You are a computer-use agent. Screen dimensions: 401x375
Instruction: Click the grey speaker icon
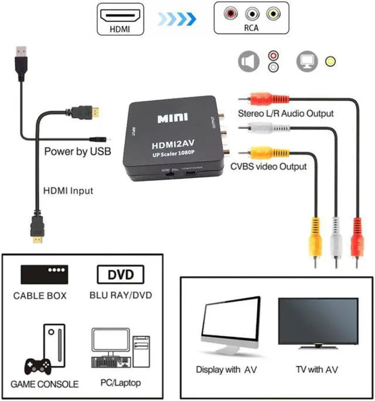pyautogui.click(x=249, y=60)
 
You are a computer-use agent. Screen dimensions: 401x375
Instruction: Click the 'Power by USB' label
pyautogui.click(x=77, y=152)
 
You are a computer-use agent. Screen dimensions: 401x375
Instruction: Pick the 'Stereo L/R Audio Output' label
pyautogui.click(x=285, y=113)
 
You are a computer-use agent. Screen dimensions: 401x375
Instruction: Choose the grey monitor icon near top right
pyautogui.click(x=306, y=60)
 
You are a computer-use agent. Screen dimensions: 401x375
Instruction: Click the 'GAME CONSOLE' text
pyautogui.click(x=44, y=385)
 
